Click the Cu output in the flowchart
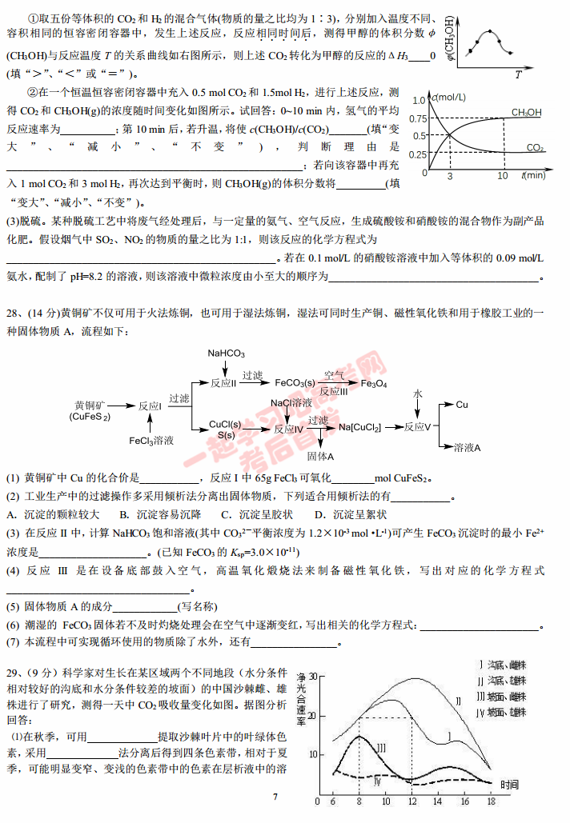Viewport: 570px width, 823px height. (462, 405)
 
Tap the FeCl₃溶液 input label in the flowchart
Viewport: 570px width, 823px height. (151, 440)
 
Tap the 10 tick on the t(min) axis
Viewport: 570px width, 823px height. (502, 175)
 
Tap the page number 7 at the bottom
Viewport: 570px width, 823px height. (275, 797)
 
